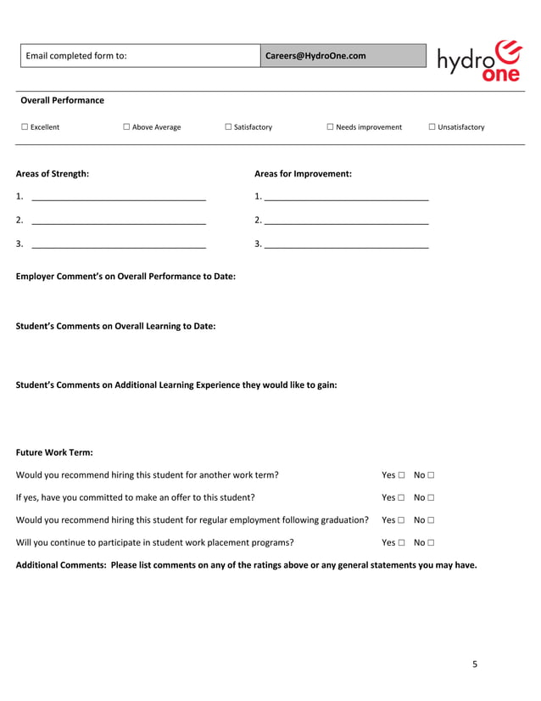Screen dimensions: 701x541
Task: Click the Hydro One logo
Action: click(479, 60)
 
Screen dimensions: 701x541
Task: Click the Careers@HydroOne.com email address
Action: click(315, 56)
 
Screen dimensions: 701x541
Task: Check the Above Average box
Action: click(125, 127)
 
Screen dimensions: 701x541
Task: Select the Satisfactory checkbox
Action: click(228, 127)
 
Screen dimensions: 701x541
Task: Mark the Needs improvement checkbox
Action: click(330, 127)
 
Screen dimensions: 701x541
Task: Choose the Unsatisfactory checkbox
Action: click(432, 127)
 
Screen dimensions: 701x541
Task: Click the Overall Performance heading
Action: click(62, 100)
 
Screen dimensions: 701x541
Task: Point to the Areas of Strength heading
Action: click(53, 174)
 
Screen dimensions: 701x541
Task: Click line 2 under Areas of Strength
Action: click(118, 221)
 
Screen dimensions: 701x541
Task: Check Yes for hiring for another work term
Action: click(401, 476)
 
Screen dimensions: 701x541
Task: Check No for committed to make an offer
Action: click(431, 498)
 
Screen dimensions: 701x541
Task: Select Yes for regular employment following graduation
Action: click(401, 520)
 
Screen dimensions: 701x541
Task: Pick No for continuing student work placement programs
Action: click(431, 542)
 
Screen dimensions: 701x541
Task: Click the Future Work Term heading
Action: click(54, 452)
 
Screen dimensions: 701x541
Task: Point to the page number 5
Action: click(475, 665)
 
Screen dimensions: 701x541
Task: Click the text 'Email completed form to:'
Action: click(76, 56)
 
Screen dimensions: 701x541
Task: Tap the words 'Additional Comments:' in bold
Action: click(61, 564)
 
